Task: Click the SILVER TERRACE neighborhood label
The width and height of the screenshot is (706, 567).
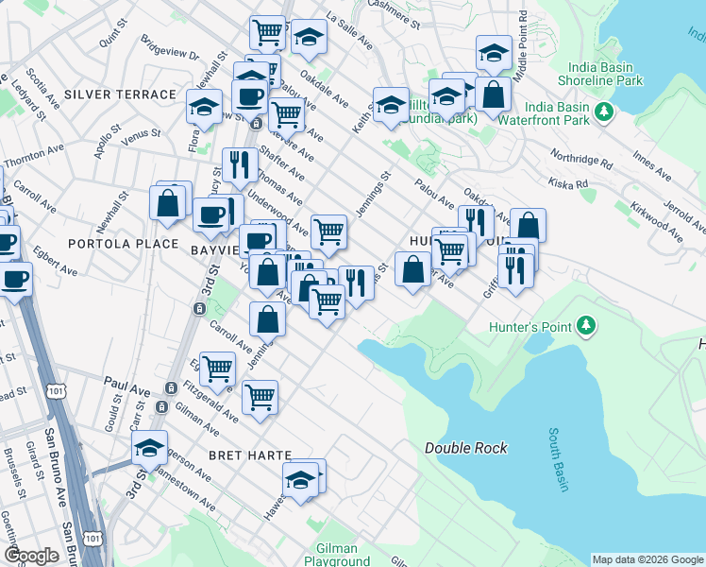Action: pos(120,94)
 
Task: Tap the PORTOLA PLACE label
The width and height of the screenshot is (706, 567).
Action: pos(123,243)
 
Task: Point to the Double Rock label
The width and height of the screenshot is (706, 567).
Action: pos(465,448)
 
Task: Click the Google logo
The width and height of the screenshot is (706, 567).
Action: pos(31,556)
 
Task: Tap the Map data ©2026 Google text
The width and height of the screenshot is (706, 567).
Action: pos(647,559)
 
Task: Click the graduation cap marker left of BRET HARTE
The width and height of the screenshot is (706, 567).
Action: pos(149,449)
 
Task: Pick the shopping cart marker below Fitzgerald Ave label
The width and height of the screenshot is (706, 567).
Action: pos(260,397)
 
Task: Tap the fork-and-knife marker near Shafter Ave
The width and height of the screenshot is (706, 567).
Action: pos(239,166)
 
